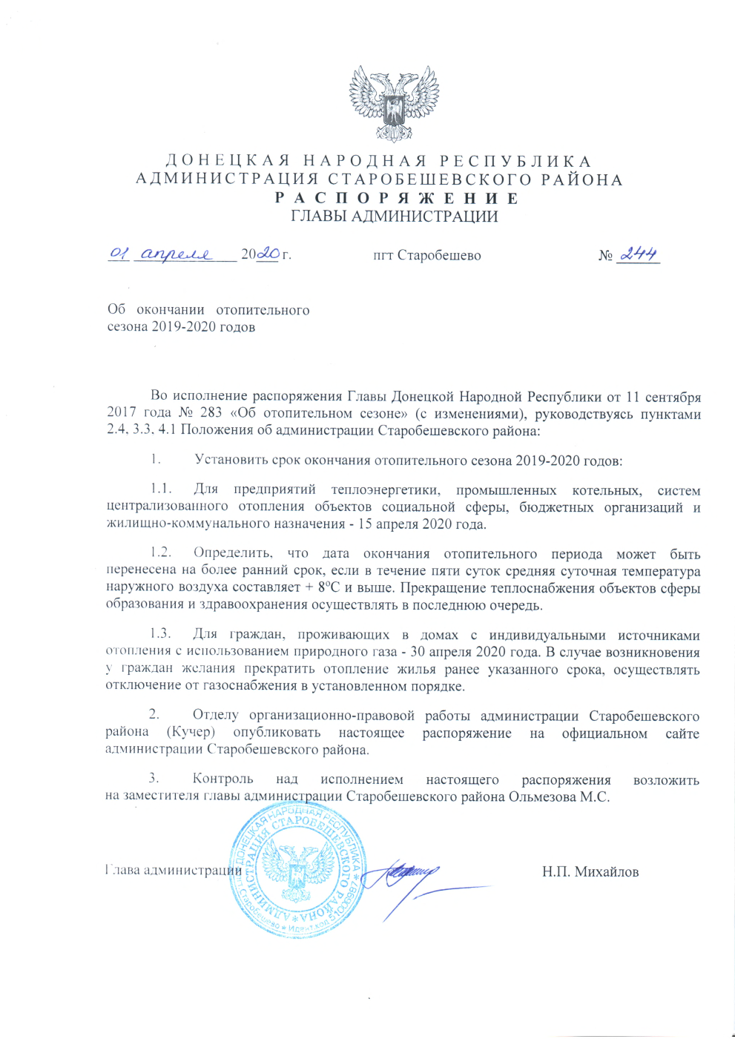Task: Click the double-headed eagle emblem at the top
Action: pos(394,103)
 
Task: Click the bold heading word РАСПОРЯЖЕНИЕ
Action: pos(397,198)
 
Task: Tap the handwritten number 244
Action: pos(639,254)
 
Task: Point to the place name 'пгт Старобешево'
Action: pos(426,256)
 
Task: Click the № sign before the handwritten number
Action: pos(605,256)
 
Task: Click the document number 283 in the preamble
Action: pos(211,414)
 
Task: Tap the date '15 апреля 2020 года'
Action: pos(421,524)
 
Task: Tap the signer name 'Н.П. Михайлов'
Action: pos(590,872)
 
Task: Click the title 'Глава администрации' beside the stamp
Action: pos(174,871)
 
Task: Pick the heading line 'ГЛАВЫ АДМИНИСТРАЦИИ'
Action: pos(394,217)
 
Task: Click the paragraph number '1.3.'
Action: pos(160,635)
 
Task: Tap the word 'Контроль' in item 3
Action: pos(223,779)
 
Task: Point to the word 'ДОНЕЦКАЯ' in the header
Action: pos(227,162)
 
